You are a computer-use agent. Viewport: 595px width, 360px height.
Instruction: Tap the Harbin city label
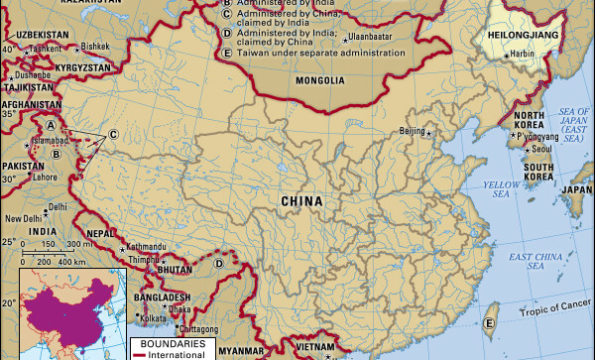pos(523,54)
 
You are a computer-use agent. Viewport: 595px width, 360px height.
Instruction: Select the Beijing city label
pos(411,131)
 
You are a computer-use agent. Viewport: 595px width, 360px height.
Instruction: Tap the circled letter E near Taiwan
pos(488,323)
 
